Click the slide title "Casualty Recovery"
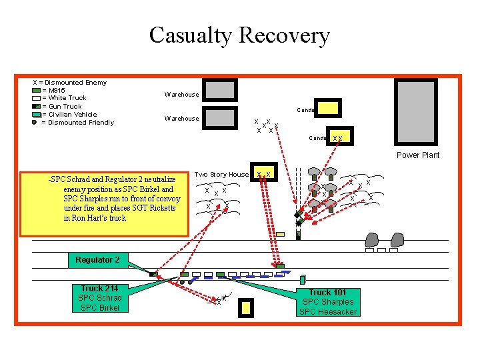tap(239, 35)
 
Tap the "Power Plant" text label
tap(418, 155)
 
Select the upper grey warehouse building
tap(220, 90)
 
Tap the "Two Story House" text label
tap(221, 175)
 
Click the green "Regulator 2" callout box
tap(97, 259)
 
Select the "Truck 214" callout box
tap(99, 297)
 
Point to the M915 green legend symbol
tap(36, 90)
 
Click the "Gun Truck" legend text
tap(65, 107)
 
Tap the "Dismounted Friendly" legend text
tap(81, 123)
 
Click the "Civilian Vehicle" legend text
tap(73, 115)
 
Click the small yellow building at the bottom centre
tap(246, 307)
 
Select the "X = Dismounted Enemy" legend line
tap(70, 83)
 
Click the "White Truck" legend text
tap(67, 98)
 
